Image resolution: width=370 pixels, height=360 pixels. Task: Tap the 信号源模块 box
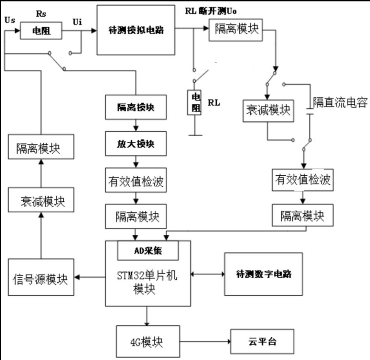tap(41, 278)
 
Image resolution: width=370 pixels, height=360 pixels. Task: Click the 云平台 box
tap(261, 342)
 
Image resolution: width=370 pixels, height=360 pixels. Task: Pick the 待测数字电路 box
tap(263, 274)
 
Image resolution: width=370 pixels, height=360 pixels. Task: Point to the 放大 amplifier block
tap(135, 144)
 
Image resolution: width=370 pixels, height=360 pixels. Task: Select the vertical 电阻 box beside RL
tap(196, 102)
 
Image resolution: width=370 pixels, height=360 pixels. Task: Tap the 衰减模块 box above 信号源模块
tap(41, 201)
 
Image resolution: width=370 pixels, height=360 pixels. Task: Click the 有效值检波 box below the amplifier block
tap(135, 182)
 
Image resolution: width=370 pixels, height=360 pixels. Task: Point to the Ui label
tap(79, 22)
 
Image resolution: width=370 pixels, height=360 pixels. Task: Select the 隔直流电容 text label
tap(340, 102)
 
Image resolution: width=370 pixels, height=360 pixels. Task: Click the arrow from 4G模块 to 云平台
tap(203, 342)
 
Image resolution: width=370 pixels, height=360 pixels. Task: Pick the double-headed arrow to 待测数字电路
tap(207, 274)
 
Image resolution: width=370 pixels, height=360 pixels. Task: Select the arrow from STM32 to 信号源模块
tap(90, 277)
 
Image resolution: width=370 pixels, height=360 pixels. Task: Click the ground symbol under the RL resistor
tap(196, 134)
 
